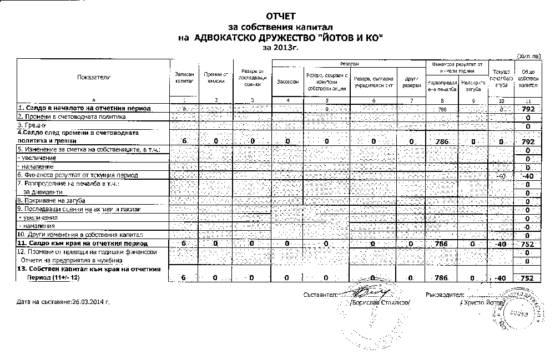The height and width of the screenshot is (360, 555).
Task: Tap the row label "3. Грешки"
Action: (32, 125)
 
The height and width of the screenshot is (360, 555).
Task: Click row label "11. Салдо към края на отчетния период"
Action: (82, 244)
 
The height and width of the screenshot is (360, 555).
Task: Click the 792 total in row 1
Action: (528, 109)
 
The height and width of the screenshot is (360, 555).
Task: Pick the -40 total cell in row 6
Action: (528, 176)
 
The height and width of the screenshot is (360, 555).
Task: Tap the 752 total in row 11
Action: (528, 244)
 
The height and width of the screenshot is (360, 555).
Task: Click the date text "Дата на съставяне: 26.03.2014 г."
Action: (63, 302)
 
